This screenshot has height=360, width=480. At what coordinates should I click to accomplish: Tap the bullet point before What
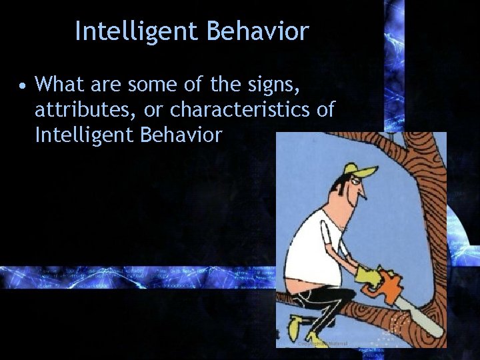coord(23,85)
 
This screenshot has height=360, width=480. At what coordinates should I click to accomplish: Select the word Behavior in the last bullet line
coord(181,135)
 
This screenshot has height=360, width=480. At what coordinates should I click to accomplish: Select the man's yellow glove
coord(366,276)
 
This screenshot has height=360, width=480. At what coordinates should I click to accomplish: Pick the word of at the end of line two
coord(325,109)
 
